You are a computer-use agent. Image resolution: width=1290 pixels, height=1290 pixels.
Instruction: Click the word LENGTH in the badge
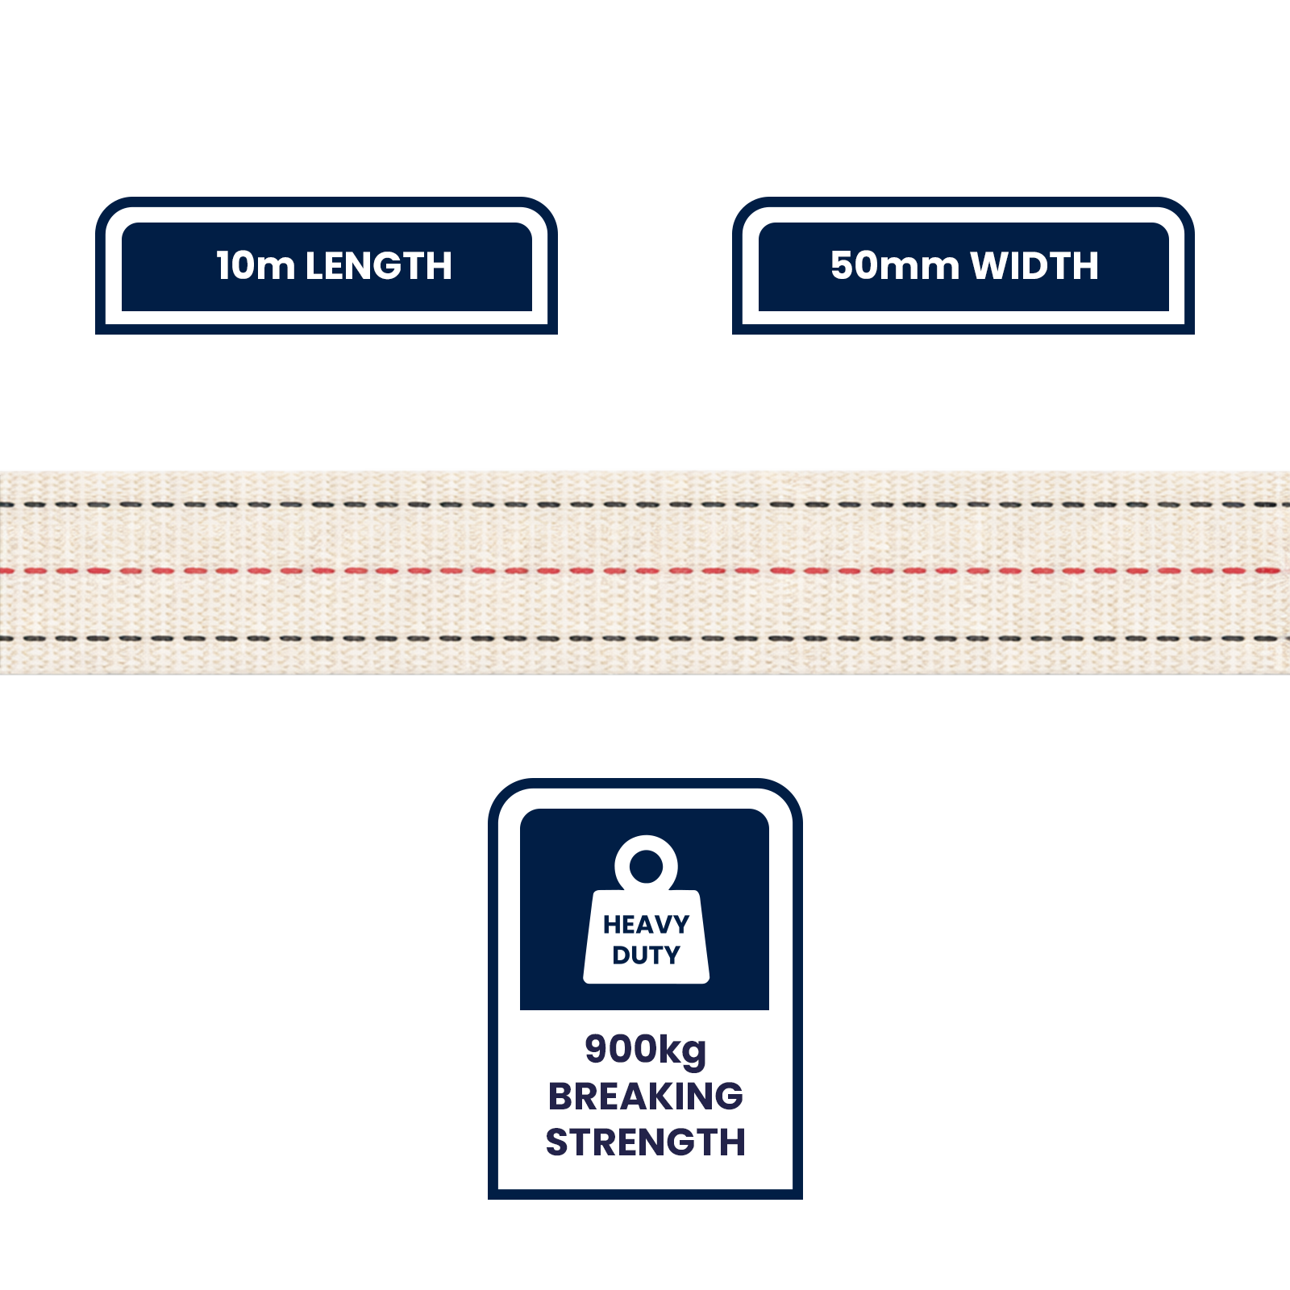[378, 266]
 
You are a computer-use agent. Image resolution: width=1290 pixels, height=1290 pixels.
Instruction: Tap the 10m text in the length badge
[256, 266]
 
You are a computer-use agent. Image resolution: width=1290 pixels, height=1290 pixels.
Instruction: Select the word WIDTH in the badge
[1034, 266]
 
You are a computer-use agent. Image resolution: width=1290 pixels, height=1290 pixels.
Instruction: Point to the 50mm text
[895, 266]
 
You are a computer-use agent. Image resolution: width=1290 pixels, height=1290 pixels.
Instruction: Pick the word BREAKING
[645, 1096]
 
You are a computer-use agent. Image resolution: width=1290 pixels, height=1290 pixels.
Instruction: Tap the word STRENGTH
[645, 1142]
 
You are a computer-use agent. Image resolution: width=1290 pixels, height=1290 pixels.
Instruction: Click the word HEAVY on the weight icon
[646, 924]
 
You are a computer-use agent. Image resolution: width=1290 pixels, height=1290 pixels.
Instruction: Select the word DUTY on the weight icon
[646, 955]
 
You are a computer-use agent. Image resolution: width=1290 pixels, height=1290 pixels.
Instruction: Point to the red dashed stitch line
[645, 571]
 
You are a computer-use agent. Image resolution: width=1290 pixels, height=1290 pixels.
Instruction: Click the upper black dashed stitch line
[645, 505]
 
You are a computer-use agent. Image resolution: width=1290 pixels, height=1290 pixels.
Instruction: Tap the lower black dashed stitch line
[645, 639]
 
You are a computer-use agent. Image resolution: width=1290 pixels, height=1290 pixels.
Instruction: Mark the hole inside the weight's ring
[646, 867]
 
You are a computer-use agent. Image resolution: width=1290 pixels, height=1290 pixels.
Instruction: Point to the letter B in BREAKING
[561, 1096]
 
